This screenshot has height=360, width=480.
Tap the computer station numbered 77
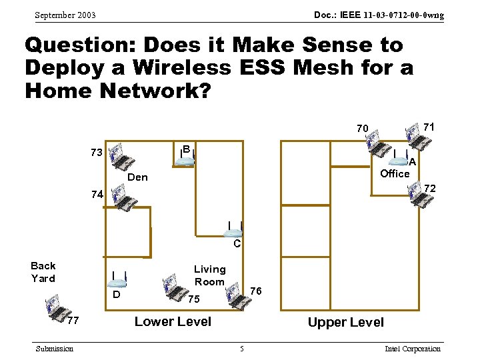tap(57, 307)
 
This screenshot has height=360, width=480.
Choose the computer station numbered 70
tap(380, 144)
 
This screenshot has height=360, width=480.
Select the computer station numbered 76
tap(237, 294)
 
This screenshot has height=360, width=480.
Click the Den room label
tap(137, 177)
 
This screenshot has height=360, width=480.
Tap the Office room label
tap(395, 173)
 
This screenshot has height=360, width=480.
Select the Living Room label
tap(209, 275)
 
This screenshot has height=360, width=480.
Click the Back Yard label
tap(43, 271)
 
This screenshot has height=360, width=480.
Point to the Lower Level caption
tap(173, 321)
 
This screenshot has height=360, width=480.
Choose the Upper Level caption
tap(345, 322)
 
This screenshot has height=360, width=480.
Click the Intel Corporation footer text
tap(413, 349)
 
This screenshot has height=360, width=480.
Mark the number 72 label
tap(430, 189)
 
